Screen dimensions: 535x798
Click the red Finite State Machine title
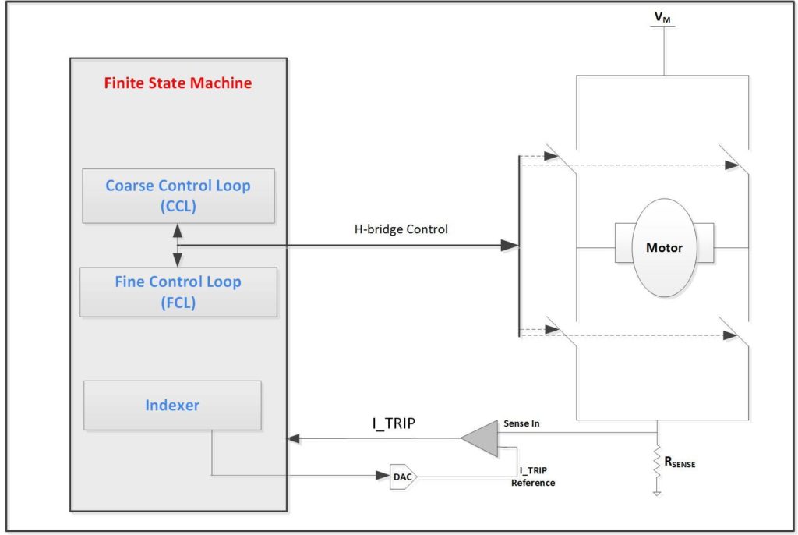(178, 83)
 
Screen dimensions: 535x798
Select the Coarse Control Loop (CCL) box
(178, 196)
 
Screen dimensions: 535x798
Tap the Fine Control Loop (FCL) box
(178, 292)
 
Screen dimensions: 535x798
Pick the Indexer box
(172, 406)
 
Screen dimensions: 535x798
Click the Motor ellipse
(664, 248)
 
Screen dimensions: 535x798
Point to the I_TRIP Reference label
(533, 477)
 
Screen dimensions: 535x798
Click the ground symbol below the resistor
(659, 493)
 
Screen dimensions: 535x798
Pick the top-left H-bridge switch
(561, 160)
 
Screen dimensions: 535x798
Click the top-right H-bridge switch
(735, 160)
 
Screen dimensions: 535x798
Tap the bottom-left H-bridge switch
(561, 332)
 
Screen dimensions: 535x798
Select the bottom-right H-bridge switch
(735, 332)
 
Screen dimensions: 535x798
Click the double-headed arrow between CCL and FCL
(178, 245)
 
